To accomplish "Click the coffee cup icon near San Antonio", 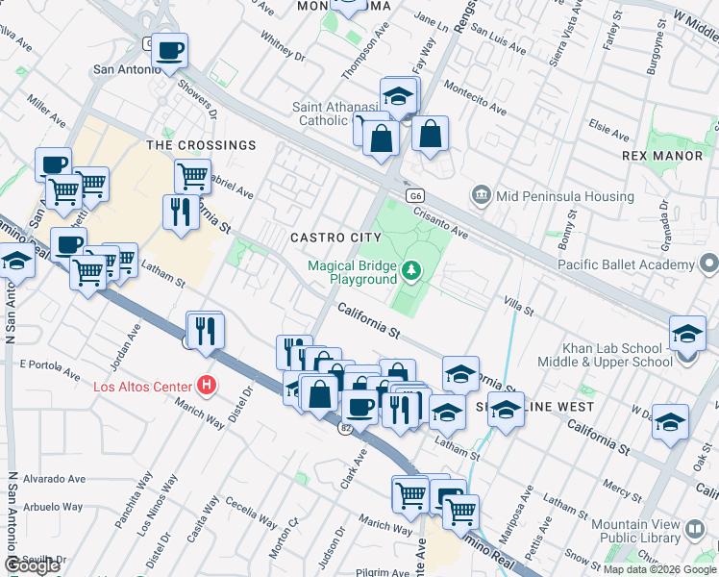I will pos(170,51).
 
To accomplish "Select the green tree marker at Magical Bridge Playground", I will pos(412,272).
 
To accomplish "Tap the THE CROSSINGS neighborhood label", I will pos(201,145).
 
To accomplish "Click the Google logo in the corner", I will pos(33,565).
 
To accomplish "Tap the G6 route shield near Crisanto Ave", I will pos(414,195).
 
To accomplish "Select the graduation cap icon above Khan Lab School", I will pos(687,333).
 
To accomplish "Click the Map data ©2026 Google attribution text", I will pos(659,569).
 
